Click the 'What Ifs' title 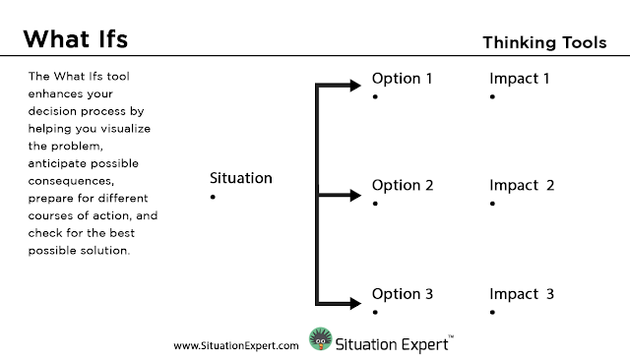tap(76, 39)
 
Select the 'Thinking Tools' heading tap(544, 42)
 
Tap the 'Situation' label tap(240, 178)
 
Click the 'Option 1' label tap(402, 79)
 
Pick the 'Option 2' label tap(403, 185)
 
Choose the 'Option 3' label tap(403, 294)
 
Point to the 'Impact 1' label tap(519, 79)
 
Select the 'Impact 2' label tap(522, 185)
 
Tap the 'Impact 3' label tap(522, 294)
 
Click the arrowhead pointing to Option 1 tap(355, 86)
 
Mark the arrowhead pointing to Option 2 tap(355, 196)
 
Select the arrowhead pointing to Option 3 tap(355, 303)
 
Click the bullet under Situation tap(213, 197)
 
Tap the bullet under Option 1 tap(375, 96)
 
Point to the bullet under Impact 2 tap(492, 204)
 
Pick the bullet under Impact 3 tap(492, 312)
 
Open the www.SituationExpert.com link tap(236, 346)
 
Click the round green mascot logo tap(321, 339)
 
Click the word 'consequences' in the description tap(71, 181)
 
